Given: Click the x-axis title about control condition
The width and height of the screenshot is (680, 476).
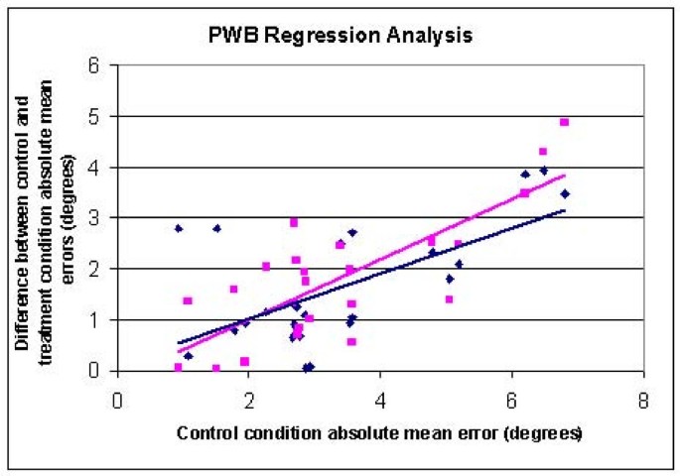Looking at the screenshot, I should point(380,434).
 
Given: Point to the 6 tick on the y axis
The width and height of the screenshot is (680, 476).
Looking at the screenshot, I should point(97,66).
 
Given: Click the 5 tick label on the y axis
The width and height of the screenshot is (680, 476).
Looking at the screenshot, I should point(97,117).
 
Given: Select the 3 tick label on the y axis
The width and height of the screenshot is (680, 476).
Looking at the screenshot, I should point(97,218).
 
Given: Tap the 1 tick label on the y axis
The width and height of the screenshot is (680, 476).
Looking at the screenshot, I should point(97,320).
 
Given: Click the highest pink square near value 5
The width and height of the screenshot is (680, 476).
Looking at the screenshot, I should point(564,122).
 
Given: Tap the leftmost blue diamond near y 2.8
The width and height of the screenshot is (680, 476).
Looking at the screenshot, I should point(179,228).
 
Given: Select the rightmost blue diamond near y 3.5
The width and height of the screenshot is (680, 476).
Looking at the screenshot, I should point(565,193).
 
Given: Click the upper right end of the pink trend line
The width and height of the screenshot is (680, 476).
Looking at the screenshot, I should point(565,176).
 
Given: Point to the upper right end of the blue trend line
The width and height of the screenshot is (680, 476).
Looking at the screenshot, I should point(565,210).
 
